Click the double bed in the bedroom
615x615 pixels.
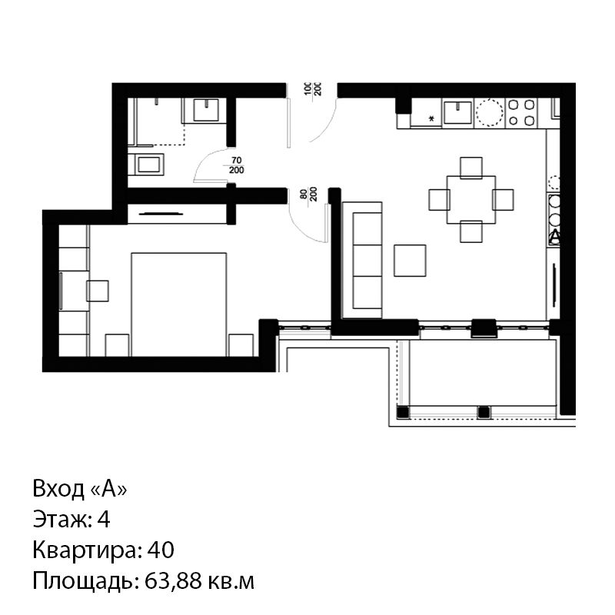coord(179,304)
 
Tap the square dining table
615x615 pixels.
coord(471,200)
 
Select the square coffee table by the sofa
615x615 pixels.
coord(410,261)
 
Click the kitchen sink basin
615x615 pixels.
coord(457,113)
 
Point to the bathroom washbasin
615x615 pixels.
coord(206,110)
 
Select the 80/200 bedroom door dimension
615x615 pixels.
coord(308,194)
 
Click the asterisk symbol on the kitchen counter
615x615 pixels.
coord(432,118)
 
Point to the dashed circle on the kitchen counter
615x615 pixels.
coord(489,112)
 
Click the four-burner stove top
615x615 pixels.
coord(521,112)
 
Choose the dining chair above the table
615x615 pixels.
coord(471,168)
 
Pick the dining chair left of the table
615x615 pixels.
coord(439,200)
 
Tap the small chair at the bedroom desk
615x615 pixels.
coord(98,291)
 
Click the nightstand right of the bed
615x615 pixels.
coord(241,345)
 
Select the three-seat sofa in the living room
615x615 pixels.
coord(362,260)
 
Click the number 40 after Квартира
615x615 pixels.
coord(161,550)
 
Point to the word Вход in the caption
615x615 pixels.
coord(58,489)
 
